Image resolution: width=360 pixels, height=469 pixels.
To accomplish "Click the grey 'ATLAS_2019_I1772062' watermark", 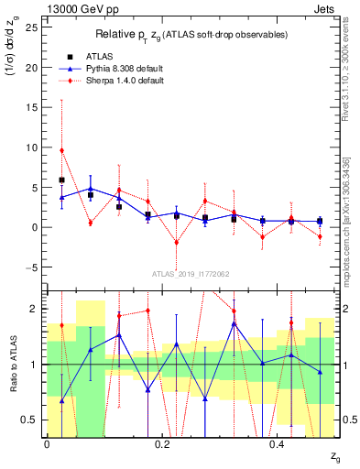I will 190,273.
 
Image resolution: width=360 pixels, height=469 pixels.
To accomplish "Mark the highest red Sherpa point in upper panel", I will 61,150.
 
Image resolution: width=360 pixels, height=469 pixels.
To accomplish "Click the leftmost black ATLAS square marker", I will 61,180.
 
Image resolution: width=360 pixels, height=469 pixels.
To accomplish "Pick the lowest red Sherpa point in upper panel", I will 177,243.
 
